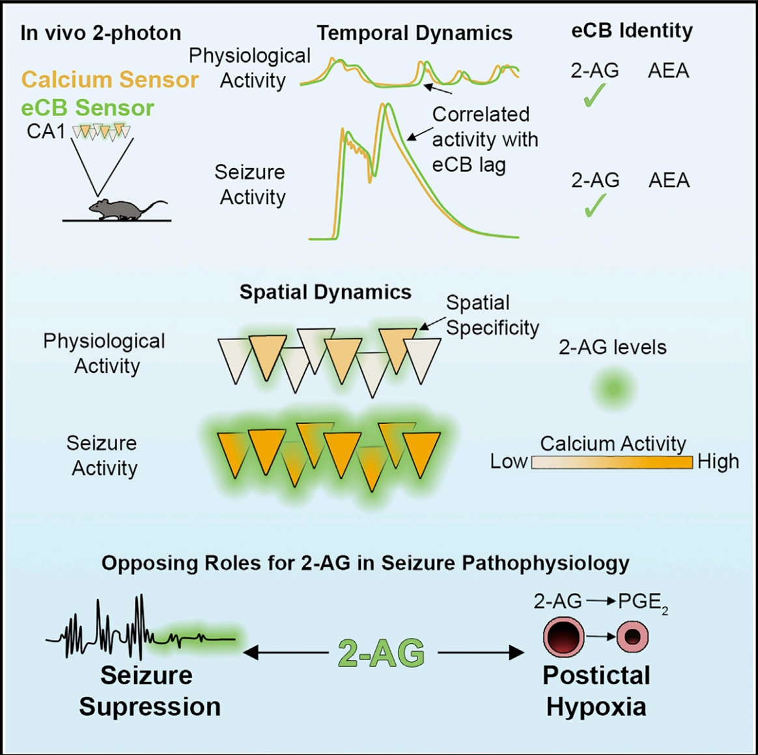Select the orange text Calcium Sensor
[110, 79]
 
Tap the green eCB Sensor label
[87, 107]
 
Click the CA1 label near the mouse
[46, 131]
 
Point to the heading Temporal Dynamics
[414, 33]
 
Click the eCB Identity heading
[632, 31]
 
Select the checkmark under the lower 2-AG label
[594, 206]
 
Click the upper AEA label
[668, 70]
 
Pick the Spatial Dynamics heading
[325, 292]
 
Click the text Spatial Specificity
[492, 315]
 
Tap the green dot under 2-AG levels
[613, 389]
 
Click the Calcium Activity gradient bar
[612, 463]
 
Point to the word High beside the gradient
[718, 462]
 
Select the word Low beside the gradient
[509, 462]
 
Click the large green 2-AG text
[382, 653]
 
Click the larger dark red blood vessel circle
[563, 636]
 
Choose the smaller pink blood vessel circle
[632, 636]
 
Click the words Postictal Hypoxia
[597, 691]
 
